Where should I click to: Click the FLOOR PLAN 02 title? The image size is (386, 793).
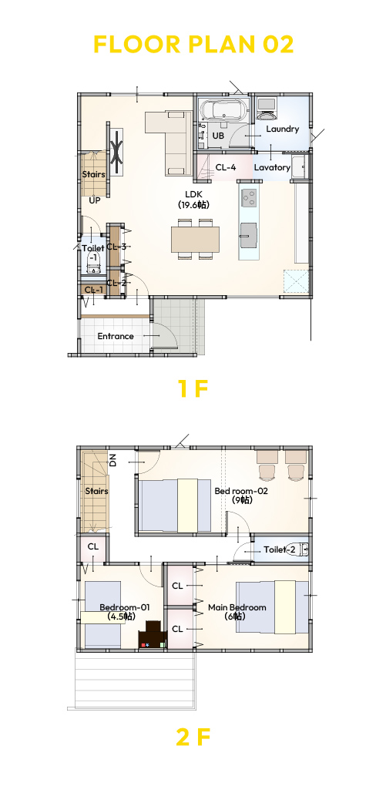pyautogui.click(x=193, y=45)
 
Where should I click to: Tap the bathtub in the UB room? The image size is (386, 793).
pyautogui.click(x=224, y=109)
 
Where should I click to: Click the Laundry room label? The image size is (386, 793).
pyautogui.click(x=282, y=129)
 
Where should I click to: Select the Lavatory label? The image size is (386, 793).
pyautogui.click(x=272, y=167)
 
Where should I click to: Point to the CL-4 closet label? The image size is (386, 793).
pyautogui.click(x=226, y=167)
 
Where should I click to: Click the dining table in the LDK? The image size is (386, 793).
pyautogui.click(x=195, y=239)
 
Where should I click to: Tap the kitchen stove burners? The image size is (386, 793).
pyautogui.click(x=249, y=197)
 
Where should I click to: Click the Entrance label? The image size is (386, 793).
pyautogui.click(x=116, y=336)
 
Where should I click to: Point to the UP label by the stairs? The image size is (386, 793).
pyautogui.click(x=95, y=200)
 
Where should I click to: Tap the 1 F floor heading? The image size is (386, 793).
pyautogui.click(x=193, y=388)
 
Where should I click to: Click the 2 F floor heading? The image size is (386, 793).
pyautogui.click(x=193, y=738)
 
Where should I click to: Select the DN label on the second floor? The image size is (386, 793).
pyautogui.click(x=113, y=460)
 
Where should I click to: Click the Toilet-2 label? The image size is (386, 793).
pyautogui.click(x=279, y=549)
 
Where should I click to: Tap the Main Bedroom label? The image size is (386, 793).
pyautogui.click(x=237, y=607)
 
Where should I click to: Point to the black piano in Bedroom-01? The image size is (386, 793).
pyautogui.click(x=153, y=634)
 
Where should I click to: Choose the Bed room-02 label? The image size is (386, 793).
pyautogui.click(x=241, y=491)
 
